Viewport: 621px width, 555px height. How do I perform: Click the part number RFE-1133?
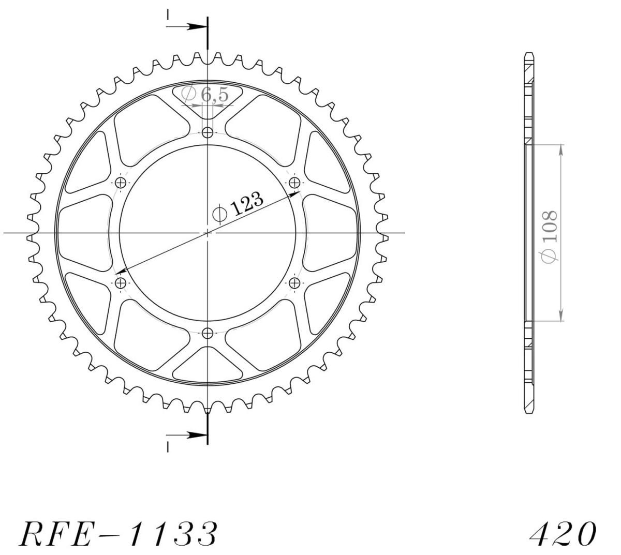click(x=119, y=537)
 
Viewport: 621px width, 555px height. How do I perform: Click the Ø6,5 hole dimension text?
click(x=205, y=94)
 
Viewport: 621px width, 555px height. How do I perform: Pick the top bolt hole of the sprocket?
click(x=208, y=133)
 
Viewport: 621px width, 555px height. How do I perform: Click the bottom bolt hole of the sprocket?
click(x=208, y=333)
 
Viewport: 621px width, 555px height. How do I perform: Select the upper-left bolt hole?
click(x=121, y=183)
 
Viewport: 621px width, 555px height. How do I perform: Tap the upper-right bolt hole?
click(x=294, y=183)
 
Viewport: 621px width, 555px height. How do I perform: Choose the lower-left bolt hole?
click(x=121, y=282)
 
